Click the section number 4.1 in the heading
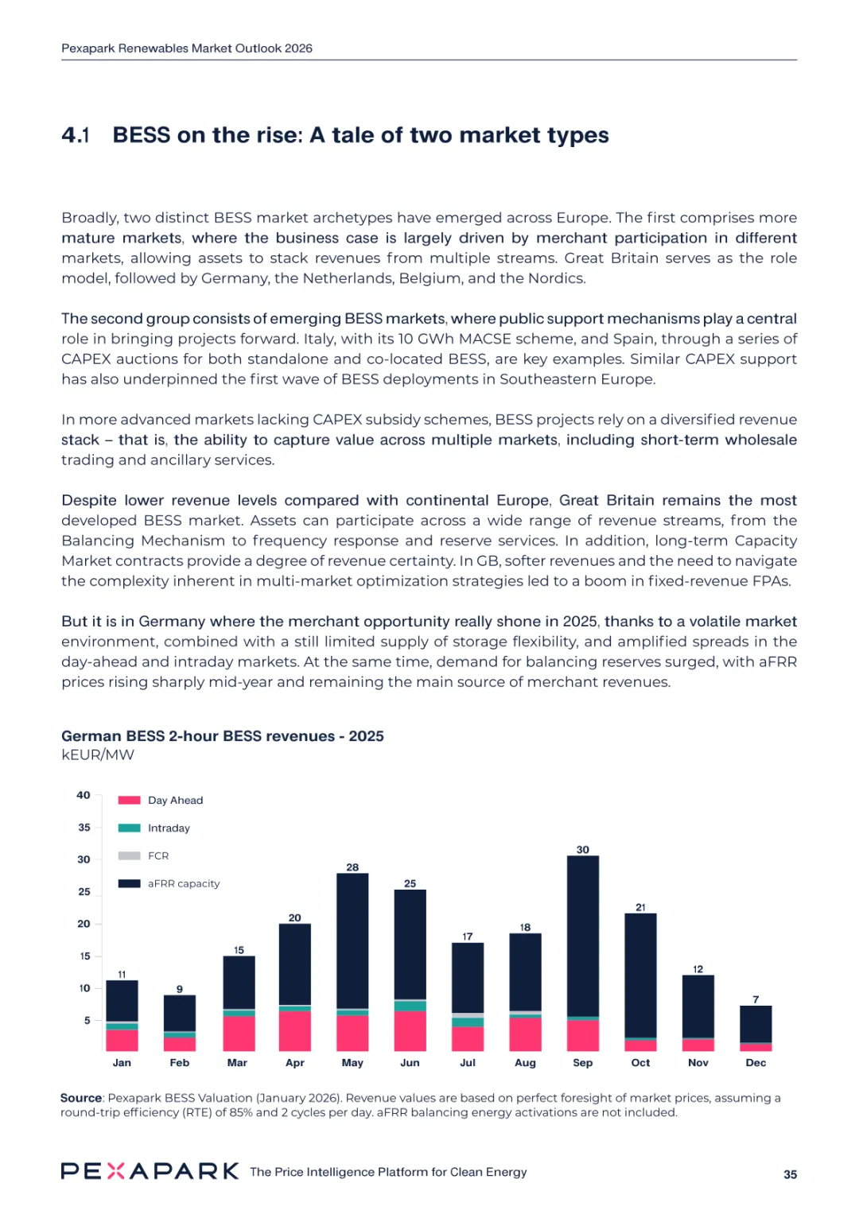(76, 136)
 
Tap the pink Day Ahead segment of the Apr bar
(294, 1030)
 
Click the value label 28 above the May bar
(352, 867)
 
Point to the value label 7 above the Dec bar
(756, 999)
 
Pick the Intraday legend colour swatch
(129, 828)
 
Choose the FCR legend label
(158, 856)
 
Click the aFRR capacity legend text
(184, 884)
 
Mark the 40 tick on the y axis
(84, 795)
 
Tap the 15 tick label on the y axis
(84, 956)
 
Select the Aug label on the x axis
(525, 1063)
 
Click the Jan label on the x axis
(122, 1063)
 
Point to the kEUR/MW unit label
(98, 755)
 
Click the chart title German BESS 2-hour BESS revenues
(222, 736)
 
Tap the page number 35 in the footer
(790, 1174)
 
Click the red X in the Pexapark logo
(116, 1171)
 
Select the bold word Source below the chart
(81, 1098)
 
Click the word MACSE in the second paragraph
(485, 339)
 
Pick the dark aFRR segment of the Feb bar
(179, 1013)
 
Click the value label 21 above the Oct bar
(640, 907)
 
